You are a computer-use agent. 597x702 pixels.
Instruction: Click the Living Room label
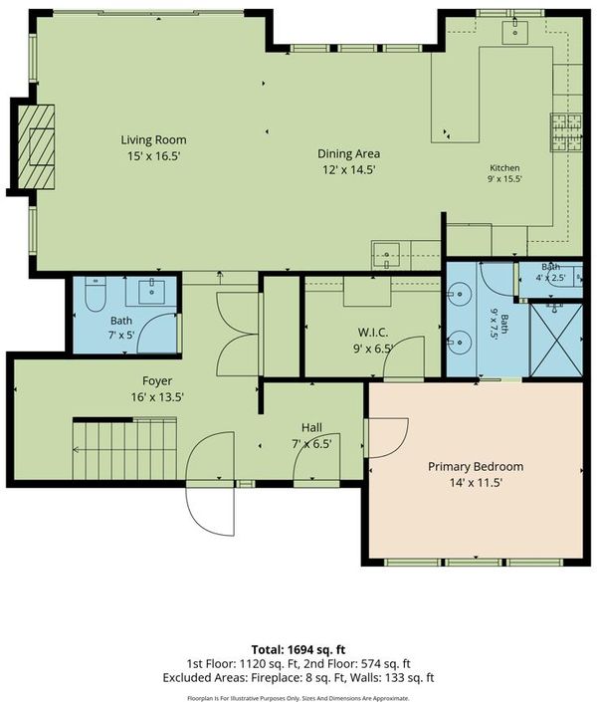(x=153, y=140)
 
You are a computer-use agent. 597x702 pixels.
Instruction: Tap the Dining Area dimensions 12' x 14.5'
(x=348, y=170)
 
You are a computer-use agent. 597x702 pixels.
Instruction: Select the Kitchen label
(x=504, y=168)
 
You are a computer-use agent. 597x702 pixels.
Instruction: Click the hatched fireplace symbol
(x=36, y=146)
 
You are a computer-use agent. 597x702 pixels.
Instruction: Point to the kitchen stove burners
(x=566, y=132)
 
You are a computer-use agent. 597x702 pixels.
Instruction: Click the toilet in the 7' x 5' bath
(x=95, y=294)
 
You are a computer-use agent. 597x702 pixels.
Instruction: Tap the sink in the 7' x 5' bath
(x=151, y=292)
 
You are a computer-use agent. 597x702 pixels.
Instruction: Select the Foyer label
(x=157, y=381)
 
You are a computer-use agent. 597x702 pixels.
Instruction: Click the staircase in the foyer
(x=124, y=449)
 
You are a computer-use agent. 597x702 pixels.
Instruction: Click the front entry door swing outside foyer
(x=210, y=511)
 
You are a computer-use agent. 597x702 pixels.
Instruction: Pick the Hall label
(x=311, y=427)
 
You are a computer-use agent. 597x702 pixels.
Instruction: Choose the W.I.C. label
(x=373, y=333)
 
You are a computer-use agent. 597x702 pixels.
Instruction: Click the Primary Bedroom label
(x=476, y=467)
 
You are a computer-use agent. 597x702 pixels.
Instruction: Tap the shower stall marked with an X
(x=556, y=340)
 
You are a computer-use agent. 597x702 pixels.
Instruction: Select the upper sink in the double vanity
(x=460, y=294)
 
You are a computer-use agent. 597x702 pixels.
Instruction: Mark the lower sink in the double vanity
(x=460, y=343)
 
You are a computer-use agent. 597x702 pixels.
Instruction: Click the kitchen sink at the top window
(x=514, y=31)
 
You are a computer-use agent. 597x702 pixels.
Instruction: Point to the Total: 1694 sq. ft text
(x=298, y=649)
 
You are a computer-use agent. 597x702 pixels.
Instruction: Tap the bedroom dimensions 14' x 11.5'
(x=476, y=483)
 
